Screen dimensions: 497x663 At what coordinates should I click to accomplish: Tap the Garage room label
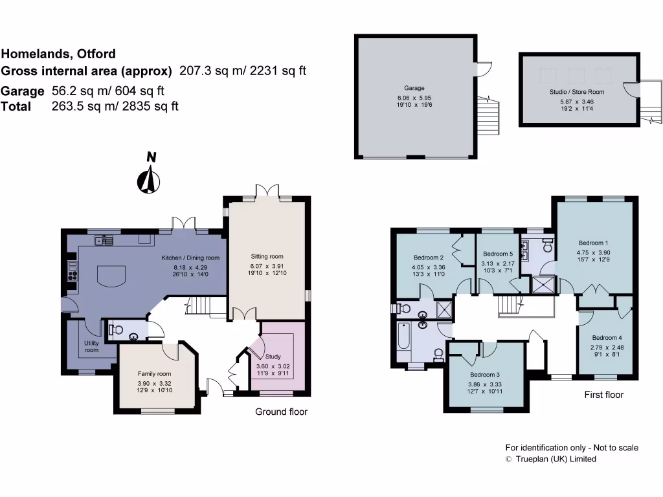pos(414,88)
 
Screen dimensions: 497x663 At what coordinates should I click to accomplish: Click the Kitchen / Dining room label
pos(190,258)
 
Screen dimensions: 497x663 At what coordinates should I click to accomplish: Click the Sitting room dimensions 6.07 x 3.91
pos(267,266)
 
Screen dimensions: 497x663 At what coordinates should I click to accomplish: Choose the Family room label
pos(154,373)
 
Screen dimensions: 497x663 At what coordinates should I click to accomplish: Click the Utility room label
pos(91,346)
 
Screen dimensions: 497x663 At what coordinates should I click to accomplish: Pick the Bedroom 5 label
pos(498,254)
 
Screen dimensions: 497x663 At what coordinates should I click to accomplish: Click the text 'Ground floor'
pos(281,412)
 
